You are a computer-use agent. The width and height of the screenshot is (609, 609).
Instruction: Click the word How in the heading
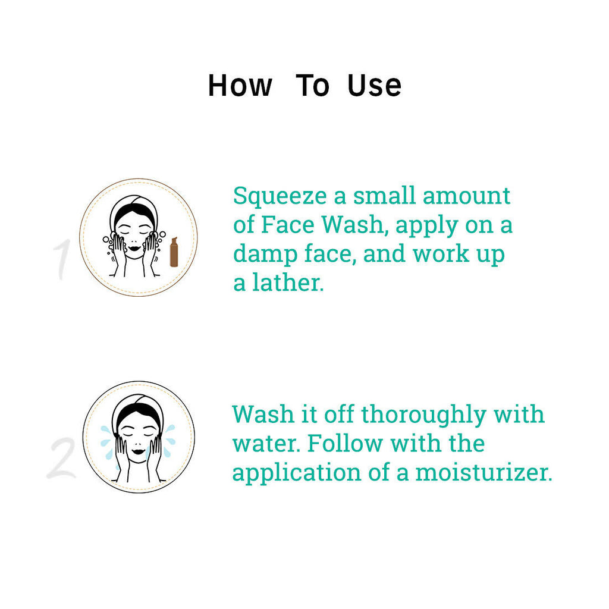tap(240, 86)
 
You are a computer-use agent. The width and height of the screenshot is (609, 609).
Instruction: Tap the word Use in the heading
tap(374, 86)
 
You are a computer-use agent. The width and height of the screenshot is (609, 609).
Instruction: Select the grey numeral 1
tap(62, 259)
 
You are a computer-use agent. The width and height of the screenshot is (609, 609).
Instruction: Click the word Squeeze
tap(280, 197)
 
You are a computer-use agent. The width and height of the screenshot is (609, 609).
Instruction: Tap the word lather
tap(288, 282)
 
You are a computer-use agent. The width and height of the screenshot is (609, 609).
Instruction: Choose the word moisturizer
tap(484, 472)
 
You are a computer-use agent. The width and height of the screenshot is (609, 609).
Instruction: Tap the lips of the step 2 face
tap(138, 451)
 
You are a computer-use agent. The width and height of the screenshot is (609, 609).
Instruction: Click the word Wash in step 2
tap(263, 414)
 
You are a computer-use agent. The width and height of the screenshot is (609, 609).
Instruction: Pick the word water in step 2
tap(266, 444)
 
